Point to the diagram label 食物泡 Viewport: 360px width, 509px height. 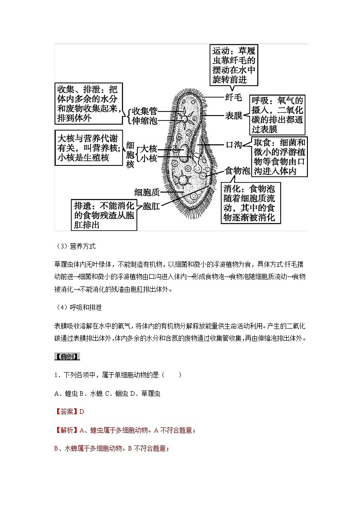coord(238,171)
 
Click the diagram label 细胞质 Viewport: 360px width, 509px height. coord(148,192)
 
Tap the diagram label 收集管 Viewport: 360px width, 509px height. coord(145,111)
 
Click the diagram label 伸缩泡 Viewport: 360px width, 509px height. coord(145,121)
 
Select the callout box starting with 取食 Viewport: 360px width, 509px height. coord(279,156)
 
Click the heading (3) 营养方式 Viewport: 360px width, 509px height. coord(75,247)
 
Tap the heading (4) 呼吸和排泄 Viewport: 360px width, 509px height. coord(78,308)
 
